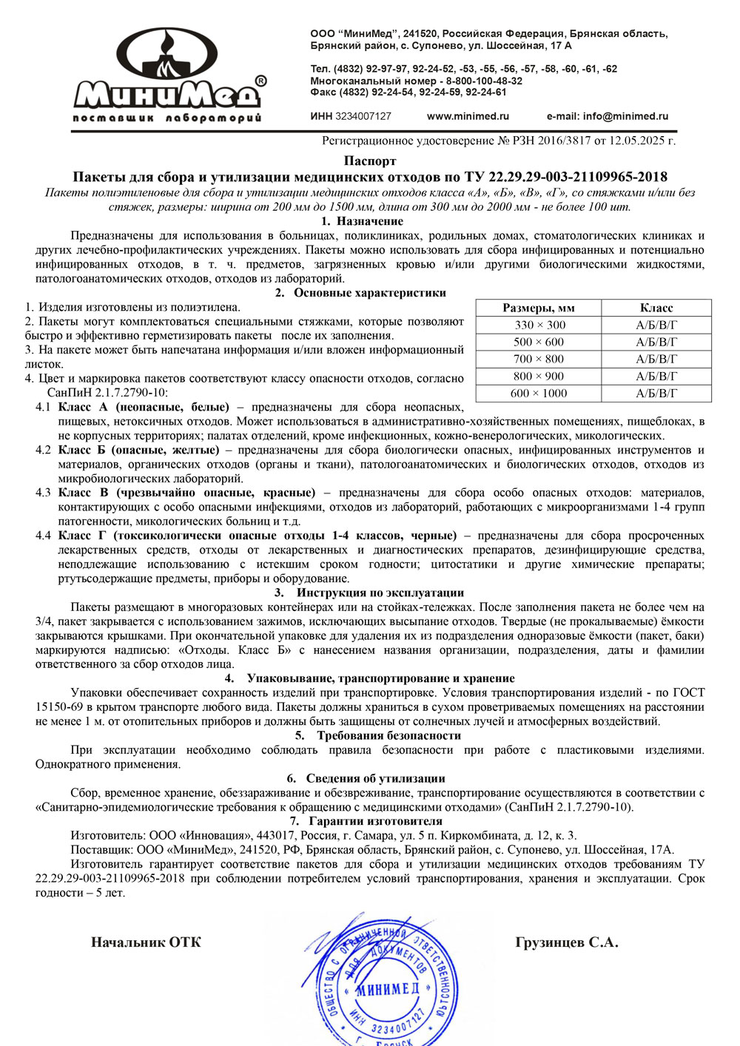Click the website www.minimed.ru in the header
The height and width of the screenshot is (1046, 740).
coord(468,116)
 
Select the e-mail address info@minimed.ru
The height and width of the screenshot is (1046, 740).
coord(625,116)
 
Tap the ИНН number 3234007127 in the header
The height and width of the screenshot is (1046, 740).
coord(363,116)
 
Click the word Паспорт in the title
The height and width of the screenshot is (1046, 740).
coord(370,161)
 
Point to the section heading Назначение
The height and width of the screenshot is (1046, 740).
coord(369,221)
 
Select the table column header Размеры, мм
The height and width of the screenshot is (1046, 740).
coord(539,308)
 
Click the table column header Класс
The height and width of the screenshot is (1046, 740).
coord(656,308)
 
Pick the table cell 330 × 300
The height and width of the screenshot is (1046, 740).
coord(539,325)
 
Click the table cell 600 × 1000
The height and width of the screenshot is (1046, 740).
coord(539,394)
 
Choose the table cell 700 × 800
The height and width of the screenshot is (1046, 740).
coord(539,359)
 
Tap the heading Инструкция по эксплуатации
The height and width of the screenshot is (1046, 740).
coord(380,593)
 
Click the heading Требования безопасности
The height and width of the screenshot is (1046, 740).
coord(388,735)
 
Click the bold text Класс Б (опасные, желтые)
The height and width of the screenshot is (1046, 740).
coord(138,450)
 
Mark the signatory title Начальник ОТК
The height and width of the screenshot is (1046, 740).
coord(146,942)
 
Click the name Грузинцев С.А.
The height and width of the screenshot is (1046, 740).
coord(567,942)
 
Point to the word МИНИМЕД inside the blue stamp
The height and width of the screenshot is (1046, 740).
coord(388,989)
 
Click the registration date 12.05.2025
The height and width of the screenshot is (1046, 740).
coord(639,141)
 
